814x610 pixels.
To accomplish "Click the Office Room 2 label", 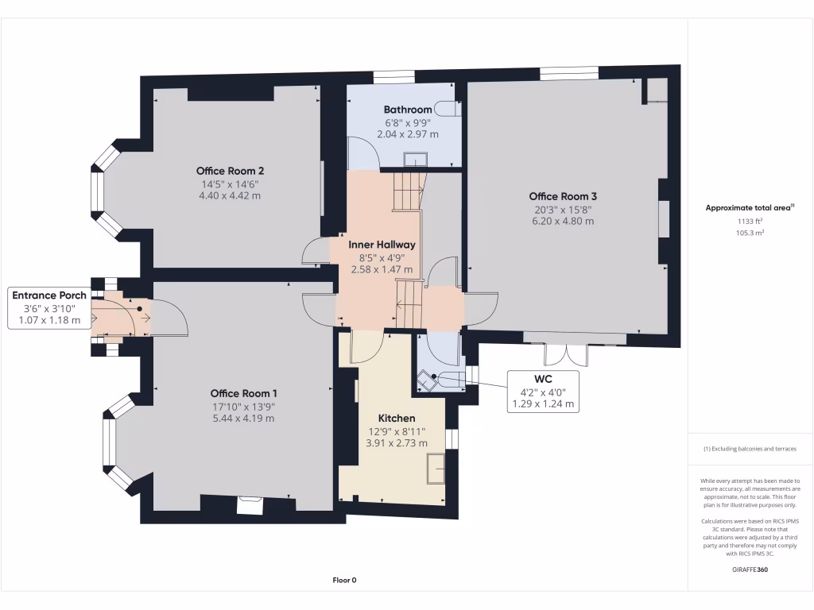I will tap(230, 171).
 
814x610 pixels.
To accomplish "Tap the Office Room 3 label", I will tap(563, 196).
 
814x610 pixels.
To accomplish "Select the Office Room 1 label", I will tap(243, 393).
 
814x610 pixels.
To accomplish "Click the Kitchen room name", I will tap(396, 418).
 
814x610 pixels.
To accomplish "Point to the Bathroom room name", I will tap(407, 110).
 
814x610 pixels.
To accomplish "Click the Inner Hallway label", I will tap(382, 245).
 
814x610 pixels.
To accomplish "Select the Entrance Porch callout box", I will tap(48, 307).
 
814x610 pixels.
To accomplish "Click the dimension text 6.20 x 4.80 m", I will tap(563, 222).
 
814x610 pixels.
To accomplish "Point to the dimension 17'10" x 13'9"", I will tap(243, 406).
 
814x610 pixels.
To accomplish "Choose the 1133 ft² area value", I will tap(750, 222).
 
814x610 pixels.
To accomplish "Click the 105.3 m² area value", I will tap(750, 234).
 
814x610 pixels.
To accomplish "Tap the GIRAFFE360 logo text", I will tap(750, 569).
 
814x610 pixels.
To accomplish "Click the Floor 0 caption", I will tap(344, 580).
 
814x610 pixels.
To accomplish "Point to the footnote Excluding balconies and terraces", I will tap(750, 449).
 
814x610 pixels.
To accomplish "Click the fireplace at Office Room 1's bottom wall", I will tap(250, 504).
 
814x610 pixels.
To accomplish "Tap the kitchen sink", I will tap(436, 468).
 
